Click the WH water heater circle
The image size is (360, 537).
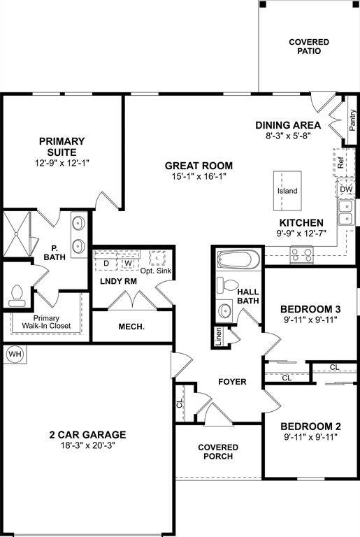click(15, 354)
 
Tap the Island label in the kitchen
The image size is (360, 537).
click(287, 191)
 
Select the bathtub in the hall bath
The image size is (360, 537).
click(239, 259)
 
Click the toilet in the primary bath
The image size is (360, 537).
click(17, 296)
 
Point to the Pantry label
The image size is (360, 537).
click(352, 120)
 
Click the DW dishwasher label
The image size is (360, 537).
click(346, 189)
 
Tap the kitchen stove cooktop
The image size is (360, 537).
click(302, 255)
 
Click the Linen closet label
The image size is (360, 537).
click(219, 336)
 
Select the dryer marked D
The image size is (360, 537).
click(106, 263)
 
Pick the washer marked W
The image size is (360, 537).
click(128, 263)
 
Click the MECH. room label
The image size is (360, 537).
click(131, 327)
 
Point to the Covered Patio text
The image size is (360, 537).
click(309, 47)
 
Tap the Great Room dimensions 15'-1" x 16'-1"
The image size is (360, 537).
click(199, 177)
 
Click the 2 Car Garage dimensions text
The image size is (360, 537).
click(87, 445)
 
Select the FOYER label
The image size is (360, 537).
click(232, 382)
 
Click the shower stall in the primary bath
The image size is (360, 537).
click(16, 234)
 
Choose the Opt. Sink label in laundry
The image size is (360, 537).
click(156, 271)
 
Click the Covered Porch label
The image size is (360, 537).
click(218, 452)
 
